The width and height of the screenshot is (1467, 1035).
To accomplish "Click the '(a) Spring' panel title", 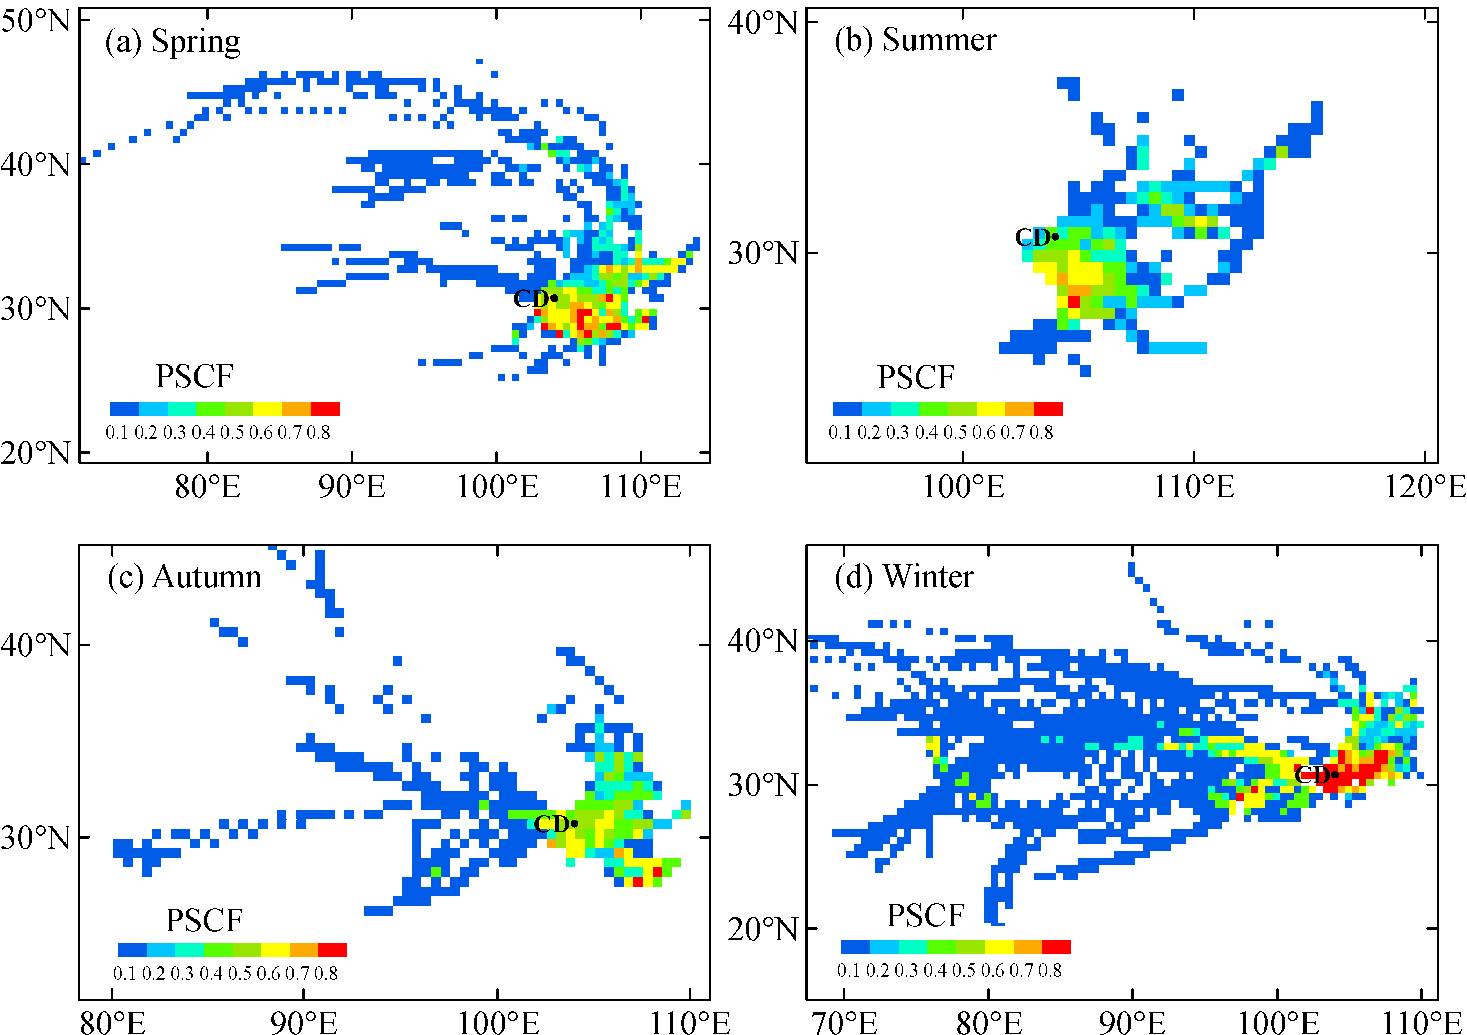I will click(173, 42).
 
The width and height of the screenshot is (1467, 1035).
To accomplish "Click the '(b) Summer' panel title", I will click(915, 40).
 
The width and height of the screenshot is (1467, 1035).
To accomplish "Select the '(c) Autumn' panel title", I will click(185, 577).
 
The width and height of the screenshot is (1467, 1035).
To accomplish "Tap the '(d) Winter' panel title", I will click(903, 577).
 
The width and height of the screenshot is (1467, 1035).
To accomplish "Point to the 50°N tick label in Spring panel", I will click(35, 21).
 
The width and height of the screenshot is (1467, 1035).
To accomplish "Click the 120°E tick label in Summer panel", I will click(1425, 487).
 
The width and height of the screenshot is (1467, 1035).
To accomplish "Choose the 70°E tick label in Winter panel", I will click(844, 1022).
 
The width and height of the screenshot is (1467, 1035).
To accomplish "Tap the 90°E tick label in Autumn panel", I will click(304, 1022).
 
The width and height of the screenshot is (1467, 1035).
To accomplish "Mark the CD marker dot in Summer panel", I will click(1056, 237).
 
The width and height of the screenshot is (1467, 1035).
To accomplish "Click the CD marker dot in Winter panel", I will click(1335, 775).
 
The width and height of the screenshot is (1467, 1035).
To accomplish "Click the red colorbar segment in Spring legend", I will click(324, 408).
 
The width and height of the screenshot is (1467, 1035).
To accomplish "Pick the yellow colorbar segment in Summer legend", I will click(991, 408).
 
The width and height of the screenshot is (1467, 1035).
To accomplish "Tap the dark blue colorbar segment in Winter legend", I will click(856, 947).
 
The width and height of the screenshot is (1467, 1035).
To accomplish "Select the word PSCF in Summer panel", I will click(916, 378).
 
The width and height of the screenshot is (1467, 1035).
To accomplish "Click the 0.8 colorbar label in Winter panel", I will click(1050, 971).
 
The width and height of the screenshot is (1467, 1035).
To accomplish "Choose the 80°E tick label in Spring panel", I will click(208, 487).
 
